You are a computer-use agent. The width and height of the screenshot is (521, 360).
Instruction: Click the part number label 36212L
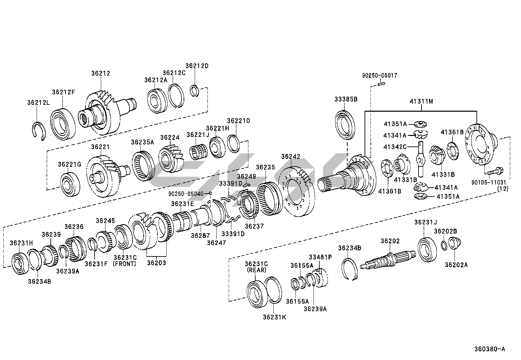(x=39, y=103)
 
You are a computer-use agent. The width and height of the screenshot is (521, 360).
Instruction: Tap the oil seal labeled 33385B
(x=345, y=125)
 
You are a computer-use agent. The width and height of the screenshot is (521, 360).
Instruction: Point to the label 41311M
(x=421, y=102)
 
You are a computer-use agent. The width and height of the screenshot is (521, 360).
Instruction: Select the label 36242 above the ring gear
(x=291, y=157)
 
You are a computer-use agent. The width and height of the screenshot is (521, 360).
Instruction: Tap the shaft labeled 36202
(x=388, y=260)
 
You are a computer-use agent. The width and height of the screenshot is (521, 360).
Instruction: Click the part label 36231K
(x=275, y=317)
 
